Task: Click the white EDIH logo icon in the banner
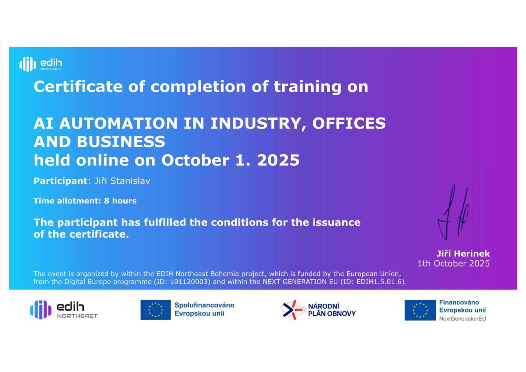28,64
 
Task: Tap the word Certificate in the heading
78,86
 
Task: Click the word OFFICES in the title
349,123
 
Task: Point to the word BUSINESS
121,142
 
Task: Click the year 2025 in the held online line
278,160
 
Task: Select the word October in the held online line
195,160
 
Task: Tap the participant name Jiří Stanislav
122,181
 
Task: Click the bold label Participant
61,181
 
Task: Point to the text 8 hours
120,201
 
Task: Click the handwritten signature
453,212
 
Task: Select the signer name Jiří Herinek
463,253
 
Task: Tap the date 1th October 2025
454,264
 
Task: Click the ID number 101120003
190,282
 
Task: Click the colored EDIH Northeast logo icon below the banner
41,310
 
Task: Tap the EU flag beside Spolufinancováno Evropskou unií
156,310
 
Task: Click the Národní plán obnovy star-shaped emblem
293,310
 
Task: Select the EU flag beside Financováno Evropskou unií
420,310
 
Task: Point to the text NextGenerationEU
462,319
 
